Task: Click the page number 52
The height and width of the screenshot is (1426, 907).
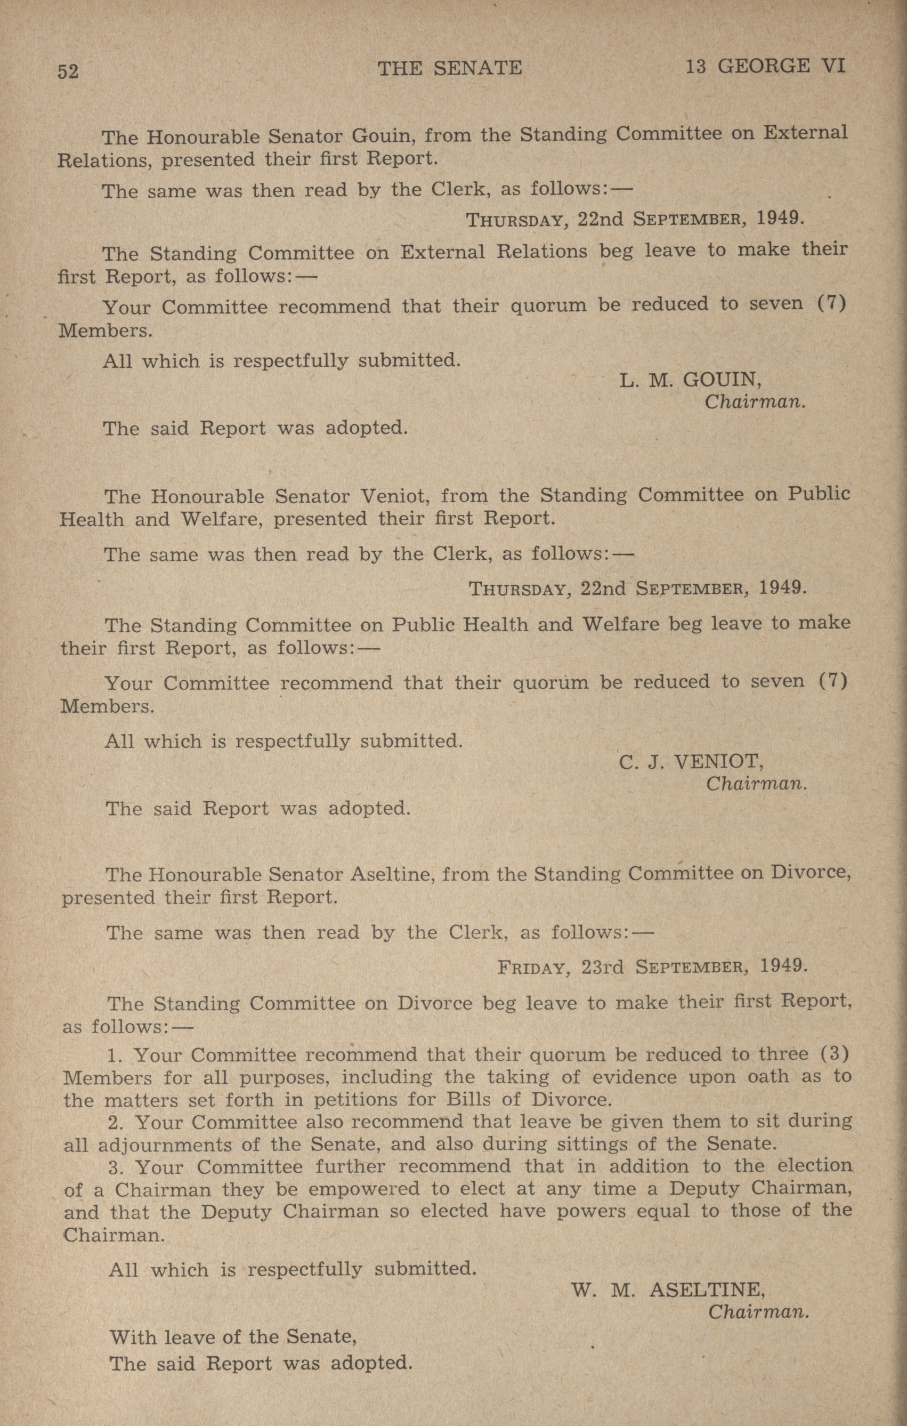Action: (68, 71)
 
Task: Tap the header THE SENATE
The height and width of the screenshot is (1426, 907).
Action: (450, 68)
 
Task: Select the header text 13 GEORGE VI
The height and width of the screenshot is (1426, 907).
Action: (765, 66)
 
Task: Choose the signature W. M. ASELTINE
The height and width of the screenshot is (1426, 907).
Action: (668, 1289)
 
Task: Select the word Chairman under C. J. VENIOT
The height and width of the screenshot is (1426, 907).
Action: (757, 784)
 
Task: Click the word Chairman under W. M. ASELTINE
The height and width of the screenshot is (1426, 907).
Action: (758, 1312)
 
